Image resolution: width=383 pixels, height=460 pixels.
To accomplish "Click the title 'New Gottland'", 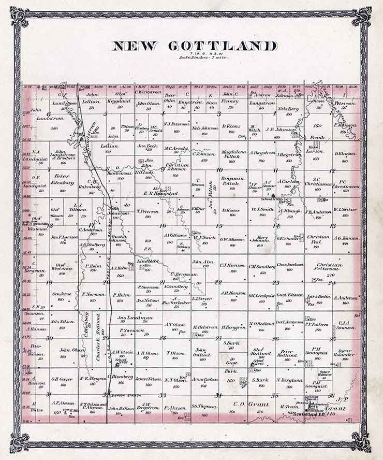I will (194, 46).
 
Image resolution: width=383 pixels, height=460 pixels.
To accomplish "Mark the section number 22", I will (218, 282).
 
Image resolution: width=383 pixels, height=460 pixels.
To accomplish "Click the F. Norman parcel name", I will (94, 294).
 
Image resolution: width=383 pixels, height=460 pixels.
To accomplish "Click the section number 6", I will (48, 114).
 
